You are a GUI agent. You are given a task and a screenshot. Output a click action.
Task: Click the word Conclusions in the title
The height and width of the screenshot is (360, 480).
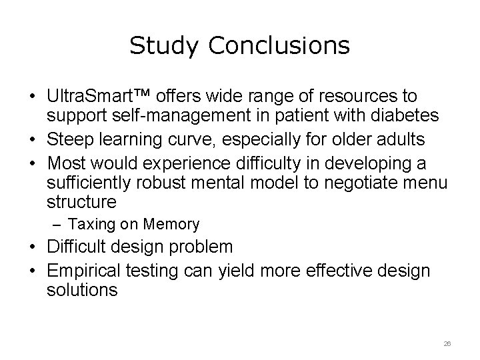(x=279, y=45)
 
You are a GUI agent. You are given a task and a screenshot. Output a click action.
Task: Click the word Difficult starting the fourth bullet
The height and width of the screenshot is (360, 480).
(x=78, y=247)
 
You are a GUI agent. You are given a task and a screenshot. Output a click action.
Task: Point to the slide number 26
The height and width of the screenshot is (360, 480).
(x=447, y=342)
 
